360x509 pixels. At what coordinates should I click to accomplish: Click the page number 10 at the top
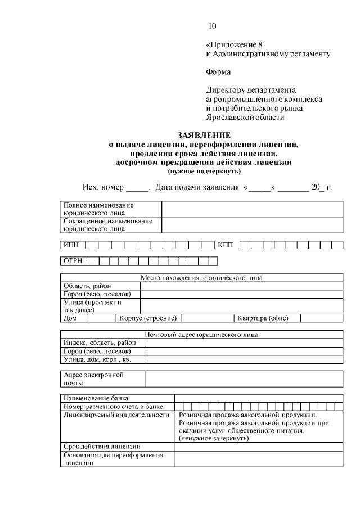[211, 26]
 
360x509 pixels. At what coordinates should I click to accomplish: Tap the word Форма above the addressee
[218, 72]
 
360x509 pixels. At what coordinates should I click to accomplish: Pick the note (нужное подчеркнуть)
[204, 170]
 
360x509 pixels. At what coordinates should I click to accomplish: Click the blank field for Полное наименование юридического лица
[252, 209]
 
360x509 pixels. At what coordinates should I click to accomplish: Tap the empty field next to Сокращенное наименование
[252, 225]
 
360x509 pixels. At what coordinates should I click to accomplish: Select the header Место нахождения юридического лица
[201, 278]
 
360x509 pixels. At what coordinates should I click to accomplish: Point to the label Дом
[70, 318]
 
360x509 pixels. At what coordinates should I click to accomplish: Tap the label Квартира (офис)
[263, 318]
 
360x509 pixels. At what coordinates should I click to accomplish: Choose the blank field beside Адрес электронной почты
[243, 379]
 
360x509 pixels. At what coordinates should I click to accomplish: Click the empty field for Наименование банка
[258, 398]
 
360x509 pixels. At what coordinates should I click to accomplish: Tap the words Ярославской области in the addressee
[245, 118]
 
